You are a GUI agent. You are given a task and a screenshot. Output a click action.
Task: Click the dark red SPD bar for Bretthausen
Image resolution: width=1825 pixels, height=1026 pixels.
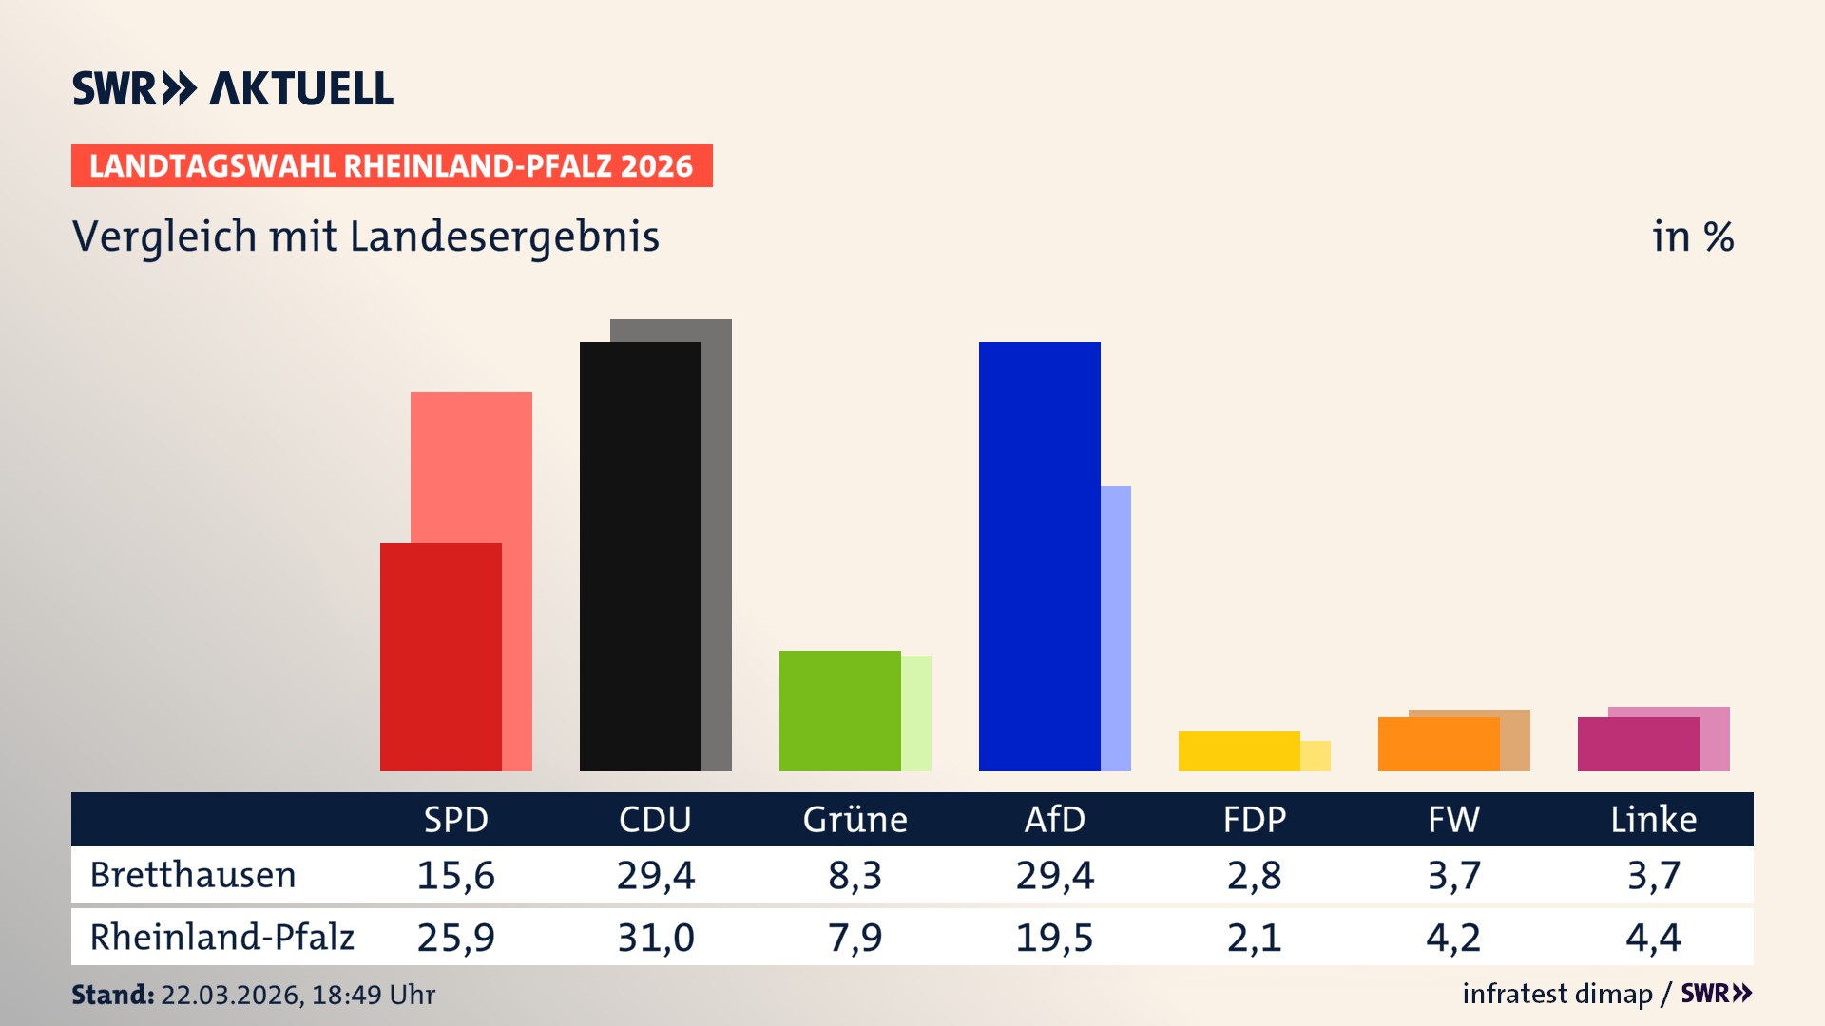tap(441, 657)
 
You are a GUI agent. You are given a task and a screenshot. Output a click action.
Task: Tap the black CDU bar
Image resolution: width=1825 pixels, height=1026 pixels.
tap(641, 557)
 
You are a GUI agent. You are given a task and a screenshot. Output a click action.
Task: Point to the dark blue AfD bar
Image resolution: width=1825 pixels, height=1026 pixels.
tap(1040, 557)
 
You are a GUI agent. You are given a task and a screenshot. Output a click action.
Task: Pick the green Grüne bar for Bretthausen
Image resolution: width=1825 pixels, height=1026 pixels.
tap(840, 711)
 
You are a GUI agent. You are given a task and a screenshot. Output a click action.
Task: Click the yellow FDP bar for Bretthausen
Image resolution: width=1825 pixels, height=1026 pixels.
tap(1239, 751)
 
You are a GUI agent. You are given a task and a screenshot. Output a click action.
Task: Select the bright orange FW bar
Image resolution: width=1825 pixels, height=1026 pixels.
tap(1439, 744)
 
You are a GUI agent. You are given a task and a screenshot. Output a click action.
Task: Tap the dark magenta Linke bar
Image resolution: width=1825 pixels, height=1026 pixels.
tap(1639, 744)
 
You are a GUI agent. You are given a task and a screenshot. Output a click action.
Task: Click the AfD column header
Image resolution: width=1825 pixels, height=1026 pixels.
tap(1054, 819)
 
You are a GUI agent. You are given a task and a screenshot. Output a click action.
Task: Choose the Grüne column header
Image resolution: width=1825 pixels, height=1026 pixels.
tap(855, 819)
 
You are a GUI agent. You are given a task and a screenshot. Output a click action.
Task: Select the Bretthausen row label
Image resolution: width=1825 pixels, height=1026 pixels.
tap(193, 875)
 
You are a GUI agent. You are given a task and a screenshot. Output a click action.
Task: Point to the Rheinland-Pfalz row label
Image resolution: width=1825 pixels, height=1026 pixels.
tap(221, 937)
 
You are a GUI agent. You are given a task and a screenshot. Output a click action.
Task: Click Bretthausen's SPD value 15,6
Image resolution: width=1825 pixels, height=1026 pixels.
tap(456, 875)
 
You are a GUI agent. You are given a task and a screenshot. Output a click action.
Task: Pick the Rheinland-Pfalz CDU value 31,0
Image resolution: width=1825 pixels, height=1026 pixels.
tap(656, 938)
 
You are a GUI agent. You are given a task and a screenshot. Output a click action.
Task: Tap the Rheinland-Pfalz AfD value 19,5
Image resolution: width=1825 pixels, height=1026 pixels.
tap(1054, 938)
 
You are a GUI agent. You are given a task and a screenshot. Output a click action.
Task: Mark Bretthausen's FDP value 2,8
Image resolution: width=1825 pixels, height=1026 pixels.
tap(1254, 875)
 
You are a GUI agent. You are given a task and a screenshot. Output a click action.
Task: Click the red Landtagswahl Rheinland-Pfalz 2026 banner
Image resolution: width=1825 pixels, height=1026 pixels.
tap(392, 166)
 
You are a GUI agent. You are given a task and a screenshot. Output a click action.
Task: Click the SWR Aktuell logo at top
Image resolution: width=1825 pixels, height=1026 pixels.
tap(233, 88)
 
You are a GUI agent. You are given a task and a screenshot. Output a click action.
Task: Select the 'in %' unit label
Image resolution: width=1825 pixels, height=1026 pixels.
tap(1692, 237)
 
